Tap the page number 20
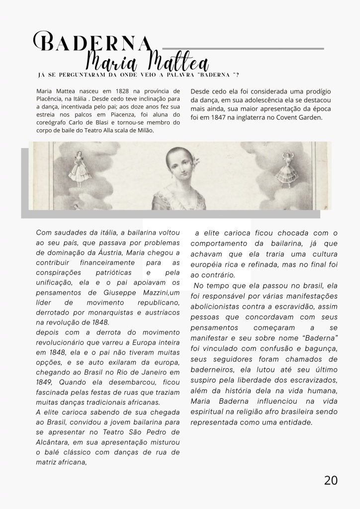pyautogui.click(x=331, y=480)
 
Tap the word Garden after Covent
pyautogui.click(x=311, y=118)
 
